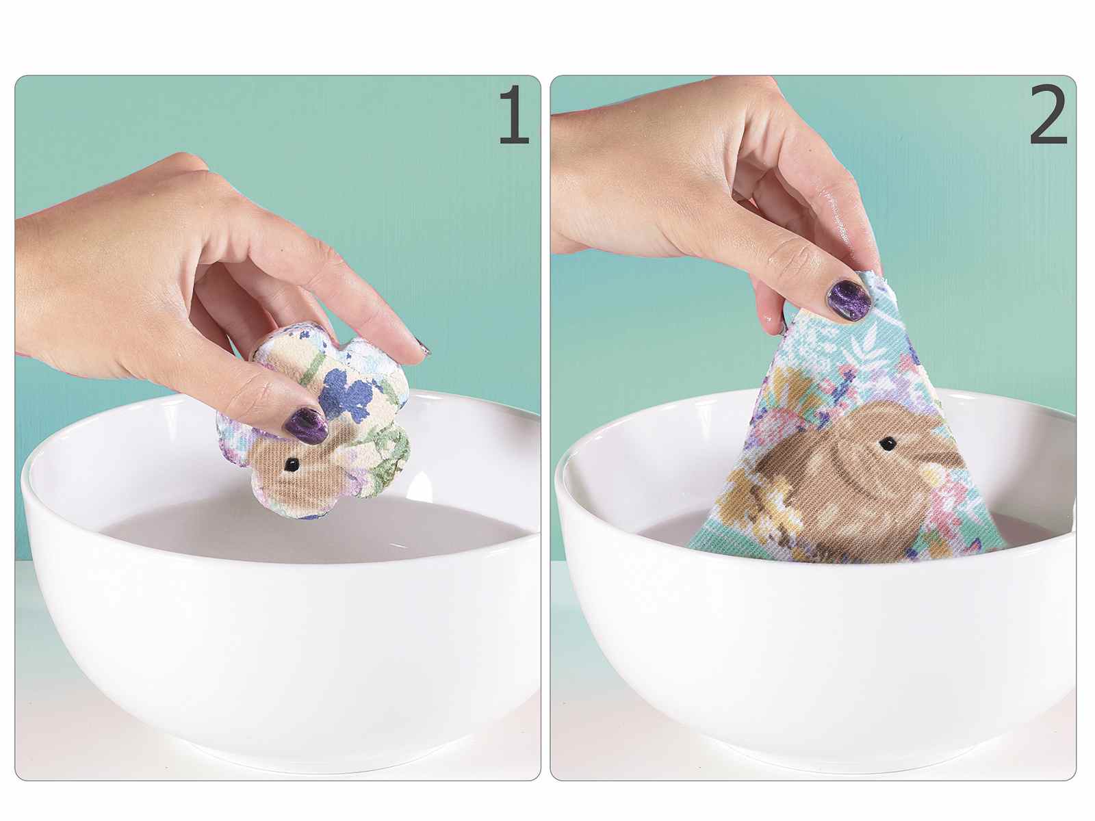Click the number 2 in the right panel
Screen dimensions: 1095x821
point(1048,115)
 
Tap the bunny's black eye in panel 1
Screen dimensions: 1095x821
point(292,465)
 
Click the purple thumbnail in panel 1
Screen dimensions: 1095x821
point(306,426)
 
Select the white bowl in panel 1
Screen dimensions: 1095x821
point(279,623)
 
